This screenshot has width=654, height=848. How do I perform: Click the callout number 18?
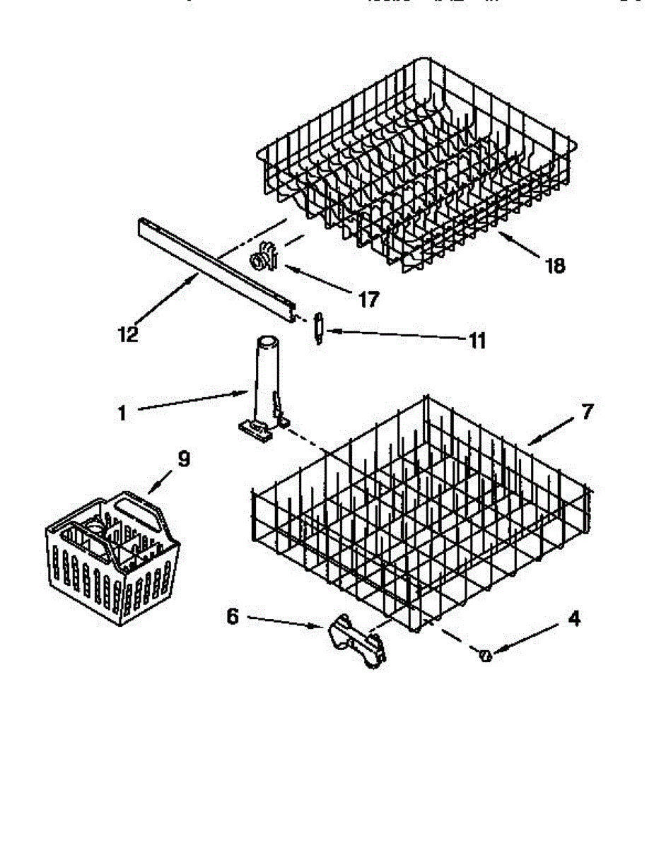556,266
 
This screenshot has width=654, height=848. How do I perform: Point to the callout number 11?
477,341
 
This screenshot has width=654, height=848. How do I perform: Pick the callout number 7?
588,411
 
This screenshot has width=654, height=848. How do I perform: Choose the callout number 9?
183,459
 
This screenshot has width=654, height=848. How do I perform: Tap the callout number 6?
233,616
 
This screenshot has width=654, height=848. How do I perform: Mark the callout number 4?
573,619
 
